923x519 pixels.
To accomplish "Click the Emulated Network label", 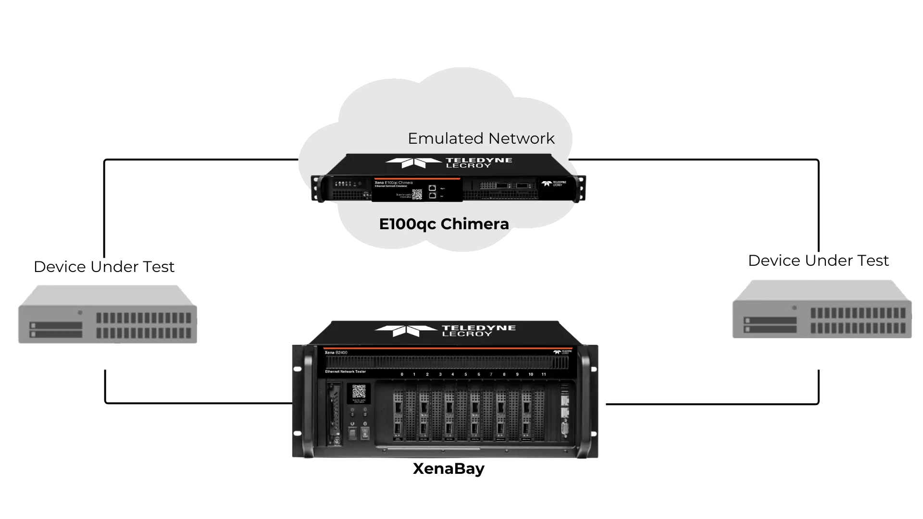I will click(481, 138).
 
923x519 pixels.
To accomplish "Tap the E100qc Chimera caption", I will click(444, 224).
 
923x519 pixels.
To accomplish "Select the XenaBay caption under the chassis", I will click(448, 469).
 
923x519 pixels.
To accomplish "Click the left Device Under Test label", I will click(104, 267).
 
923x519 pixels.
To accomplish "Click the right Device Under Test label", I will click(820, 261).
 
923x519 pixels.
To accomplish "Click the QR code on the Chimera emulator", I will click(417, 194).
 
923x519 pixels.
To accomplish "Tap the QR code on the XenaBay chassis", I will click(359, 392).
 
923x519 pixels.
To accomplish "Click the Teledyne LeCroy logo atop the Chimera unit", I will click(449, 162).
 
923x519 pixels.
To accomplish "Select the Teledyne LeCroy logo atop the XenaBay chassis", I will click(445, 330).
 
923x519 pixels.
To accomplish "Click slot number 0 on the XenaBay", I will click(402, 374).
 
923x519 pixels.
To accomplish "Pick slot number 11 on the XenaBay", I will click(544, 374).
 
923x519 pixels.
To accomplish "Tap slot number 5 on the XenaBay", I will click(465, 374).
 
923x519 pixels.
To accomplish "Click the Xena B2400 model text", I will click(336, 353).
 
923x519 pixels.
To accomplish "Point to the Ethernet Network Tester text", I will click(345, 371).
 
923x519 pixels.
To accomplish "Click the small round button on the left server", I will click(80, 312).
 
